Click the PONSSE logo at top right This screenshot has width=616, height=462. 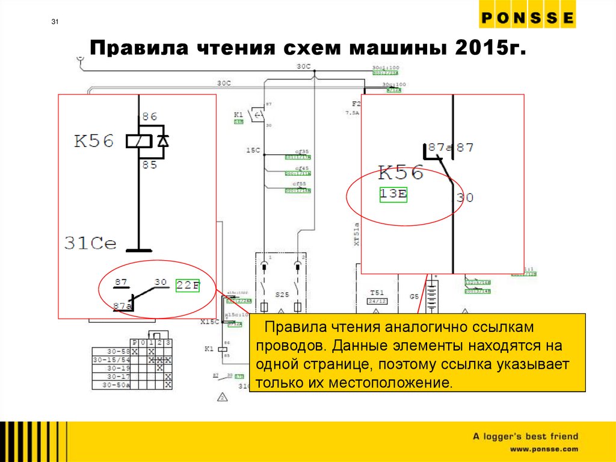[x=527, y=19]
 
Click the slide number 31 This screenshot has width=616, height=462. [x=55, y=23]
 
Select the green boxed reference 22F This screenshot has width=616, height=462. [x=187, y=286]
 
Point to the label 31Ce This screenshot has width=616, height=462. [x=90, y=243]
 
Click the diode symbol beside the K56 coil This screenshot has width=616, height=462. [x=162, y=141]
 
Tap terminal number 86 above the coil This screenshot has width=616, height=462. [x=149, y=117]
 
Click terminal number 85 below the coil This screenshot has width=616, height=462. [x=149, y=164]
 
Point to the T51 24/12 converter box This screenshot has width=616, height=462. [x=377, y=296]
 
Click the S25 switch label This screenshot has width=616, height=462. [x=282, y=295]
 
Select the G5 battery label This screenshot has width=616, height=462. [x=414, y=296]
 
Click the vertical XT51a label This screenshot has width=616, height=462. [x=356, y=234]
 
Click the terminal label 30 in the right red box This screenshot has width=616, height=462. [x=464, y=198]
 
